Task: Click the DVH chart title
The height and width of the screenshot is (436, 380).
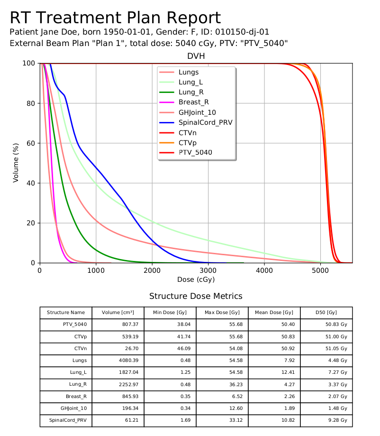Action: pos(196,56)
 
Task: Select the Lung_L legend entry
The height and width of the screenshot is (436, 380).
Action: pos(191,82)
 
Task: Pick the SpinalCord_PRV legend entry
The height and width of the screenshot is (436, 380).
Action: pos(205,122)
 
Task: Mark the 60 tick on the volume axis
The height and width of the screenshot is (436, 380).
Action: pos(31,143)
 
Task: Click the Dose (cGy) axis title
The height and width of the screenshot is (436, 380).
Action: pos(196,280)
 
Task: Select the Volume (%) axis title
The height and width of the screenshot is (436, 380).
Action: pos(16,163)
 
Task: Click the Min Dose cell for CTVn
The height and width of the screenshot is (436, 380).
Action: pos(170,349)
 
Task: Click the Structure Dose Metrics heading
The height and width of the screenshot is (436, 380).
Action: pos(196,297)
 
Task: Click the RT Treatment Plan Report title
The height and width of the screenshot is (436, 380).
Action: pos(115,18)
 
